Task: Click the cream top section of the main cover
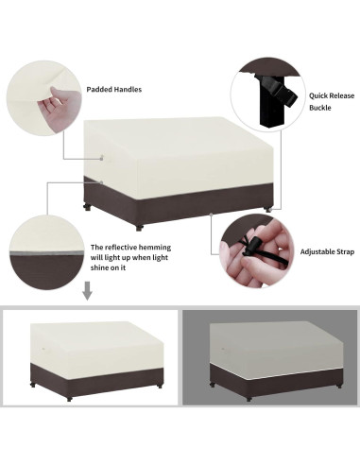180,146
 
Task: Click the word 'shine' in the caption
104,267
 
